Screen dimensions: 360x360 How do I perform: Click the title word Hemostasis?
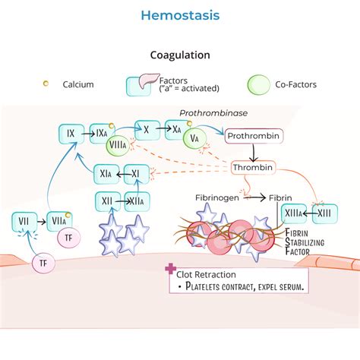click(179, 15)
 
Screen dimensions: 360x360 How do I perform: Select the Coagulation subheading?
click(179, 55)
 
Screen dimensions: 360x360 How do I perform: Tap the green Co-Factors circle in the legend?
click(260, 84)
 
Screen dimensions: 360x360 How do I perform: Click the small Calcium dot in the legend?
click(46, 83)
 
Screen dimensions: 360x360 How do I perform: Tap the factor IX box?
click(70, 134)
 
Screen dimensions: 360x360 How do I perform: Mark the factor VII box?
click(24, 222)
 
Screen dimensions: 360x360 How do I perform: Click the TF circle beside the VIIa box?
click(68, 238)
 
